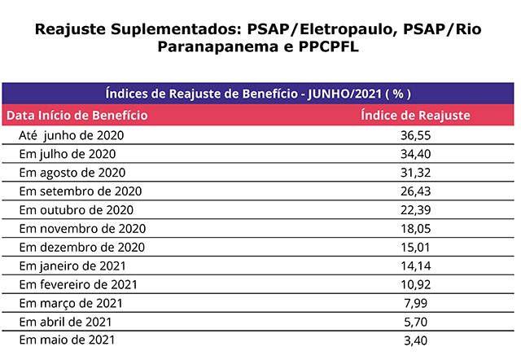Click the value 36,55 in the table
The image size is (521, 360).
(x=415, y=135)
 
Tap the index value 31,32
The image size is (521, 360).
(x=415, y=173)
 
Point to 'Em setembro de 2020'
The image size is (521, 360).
(x=81, y=191)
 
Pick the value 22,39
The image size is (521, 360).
(x=415, y=210)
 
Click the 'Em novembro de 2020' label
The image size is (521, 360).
(x=82, y=229)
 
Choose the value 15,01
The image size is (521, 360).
(x=415, y=247)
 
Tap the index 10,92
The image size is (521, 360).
(x=415, y=284)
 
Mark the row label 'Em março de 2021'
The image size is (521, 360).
(x=71, y=303)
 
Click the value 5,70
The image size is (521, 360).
(x=415, y=322)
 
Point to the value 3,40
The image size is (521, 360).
(x=415, y=340)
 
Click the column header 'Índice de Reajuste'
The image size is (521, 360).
(x=415, y=116)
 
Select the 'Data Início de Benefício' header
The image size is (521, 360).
(x=77, y=116)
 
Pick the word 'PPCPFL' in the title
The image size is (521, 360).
(x=326, y=48)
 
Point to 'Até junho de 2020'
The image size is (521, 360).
(x=72, y=135)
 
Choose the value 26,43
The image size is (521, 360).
(x=415, y=191)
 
